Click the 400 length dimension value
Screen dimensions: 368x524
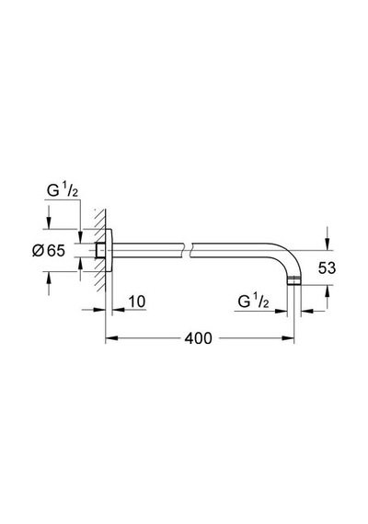pyautogui.click(x=199, y=338)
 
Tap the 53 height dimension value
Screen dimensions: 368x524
pyautogui.click(x=327, y=268)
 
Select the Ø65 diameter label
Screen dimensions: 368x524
pyautogui.click(x=49, y=251)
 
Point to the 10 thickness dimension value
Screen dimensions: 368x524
pyautogui.click(x=137, y=302)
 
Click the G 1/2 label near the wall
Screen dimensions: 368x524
pyautogui.click(x=63, y=191)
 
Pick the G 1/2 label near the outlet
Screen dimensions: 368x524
pyautogui.click(x=253, y=302)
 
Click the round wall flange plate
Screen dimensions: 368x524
pyautogui.click(x=109, y=250)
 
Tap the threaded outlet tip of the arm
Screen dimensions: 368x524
pyautogui.click(x=294, y=281)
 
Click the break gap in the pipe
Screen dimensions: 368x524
pyautogui.click(x=188, y=250)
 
